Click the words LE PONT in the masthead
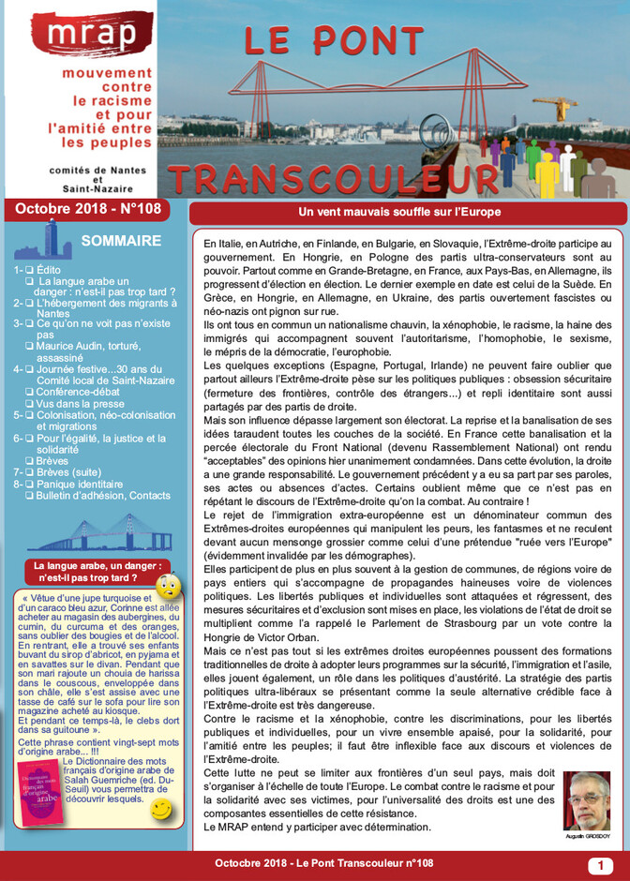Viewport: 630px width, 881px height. [x=334, y=41]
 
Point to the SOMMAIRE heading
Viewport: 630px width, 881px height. [x=122, y=241]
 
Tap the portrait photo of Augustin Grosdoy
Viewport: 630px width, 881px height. [x=586, y=800]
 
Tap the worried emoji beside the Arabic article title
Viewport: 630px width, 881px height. [x=168, y=586]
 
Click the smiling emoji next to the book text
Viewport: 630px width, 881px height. [x=161, y=808]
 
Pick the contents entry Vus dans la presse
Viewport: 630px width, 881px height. [x=85, y=403]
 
